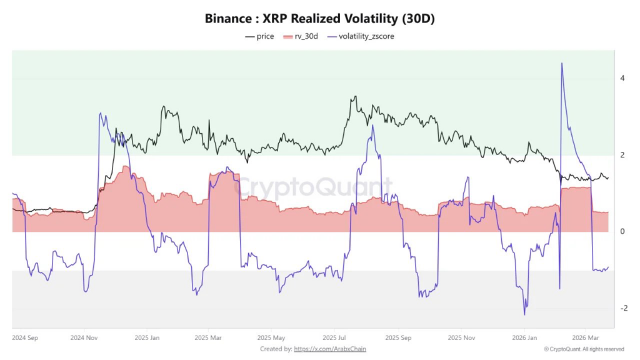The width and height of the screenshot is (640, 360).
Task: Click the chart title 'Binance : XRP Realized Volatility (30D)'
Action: (x=319, y=19)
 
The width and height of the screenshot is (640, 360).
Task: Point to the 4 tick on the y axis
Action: (x=622, y=79)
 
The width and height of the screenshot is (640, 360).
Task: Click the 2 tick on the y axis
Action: (x=622, y=155)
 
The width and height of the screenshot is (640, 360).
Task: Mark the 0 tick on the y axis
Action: (x=622, y=232)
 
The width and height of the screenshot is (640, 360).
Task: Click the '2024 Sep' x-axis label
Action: (x=26, y=337)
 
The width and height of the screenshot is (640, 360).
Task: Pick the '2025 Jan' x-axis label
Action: (x=146, y=337)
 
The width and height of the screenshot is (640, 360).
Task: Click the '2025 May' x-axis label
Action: (x=272, y=337)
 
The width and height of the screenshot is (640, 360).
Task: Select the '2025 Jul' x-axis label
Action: (x=334, y=337)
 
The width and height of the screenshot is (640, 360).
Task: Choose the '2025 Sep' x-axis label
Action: (x=397, y=337)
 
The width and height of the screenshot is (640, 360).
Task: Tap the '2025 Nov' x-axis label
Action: (x=461, y=337)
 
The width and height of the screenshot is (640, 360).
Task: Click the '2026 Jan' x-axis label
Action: (x=524, y=337)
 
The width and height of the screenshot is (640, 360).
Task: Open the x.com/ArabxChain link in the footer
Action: (x=329, y=349)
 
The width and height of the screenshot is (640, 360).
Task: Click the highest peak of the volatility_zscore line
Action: (x=562, y=63)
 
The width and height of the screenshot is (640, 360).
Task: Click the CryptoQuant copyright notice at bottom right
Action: (x=584, y=349)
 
